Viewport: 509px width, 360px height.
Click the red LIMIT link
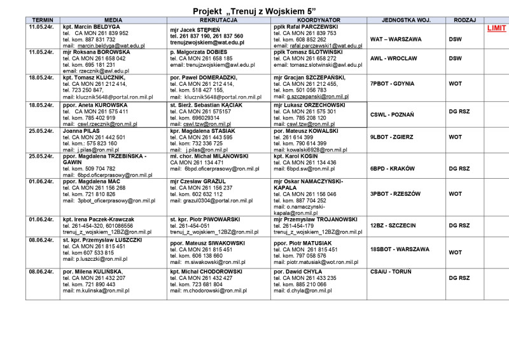496,29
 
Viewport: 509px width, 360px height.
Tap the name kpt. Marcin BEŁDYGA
92,27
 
